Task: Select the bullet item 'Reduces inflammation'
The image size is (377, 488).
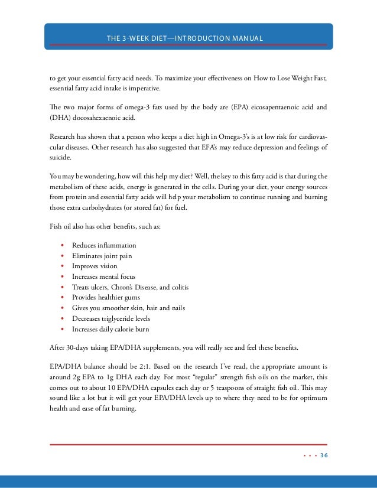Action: [104, 245]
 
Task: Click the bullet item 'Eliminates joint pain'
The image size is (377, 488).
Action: [102, 256]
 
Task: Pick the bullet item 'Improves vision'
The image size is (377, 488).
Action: [95, 266]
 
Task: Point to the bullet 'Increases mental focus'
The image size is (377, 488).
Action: [103, 276]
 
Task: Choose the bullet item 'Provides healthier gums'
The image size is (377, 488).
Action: [105, 297]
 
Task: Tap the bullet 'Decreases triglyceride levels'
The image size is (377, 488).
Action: [111, 318]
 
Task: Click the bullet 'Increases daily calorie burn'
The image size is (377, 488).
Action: [110, 328]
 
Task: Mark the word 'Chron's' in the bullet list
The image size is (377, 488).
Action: [126, 287]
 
